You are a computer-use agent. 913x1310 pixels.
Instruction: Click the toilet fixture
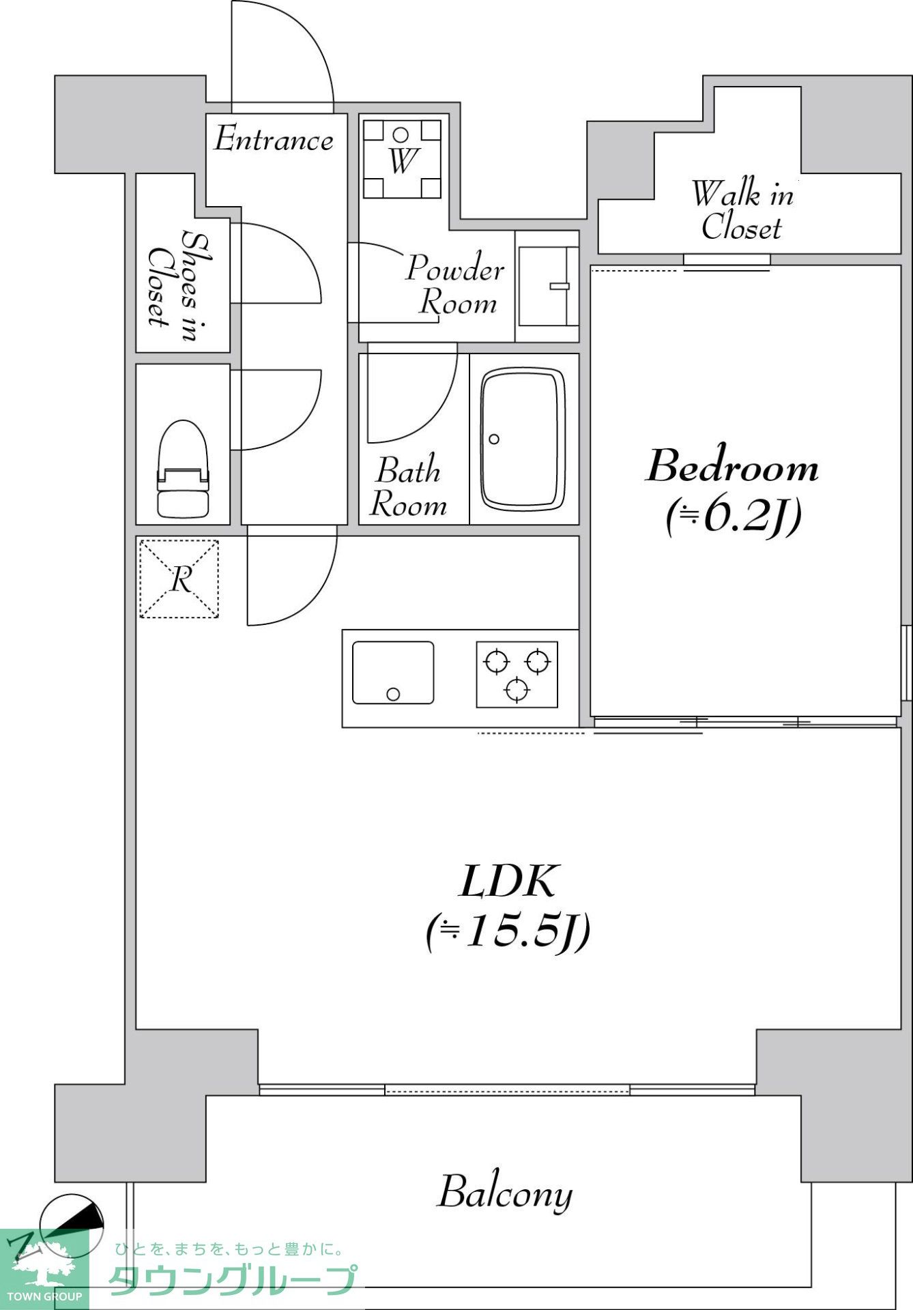tap(182, 469)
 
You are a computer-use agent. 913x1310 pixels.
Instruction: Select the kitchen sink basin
tap(393, 673)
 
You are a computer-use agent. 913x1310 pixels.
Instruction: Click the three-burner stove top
tap(517, 674)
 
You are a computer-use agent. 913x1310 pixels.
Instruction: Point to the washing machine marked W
tap(401, 158)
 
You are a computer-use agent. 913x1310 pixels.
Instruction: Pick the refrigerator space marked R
tap(179, 579)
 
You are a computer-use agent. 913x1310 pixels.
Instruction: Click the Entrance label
tap(274, 139)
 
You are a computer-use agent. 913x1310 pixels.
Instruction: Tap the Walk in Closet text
tap(742, 211)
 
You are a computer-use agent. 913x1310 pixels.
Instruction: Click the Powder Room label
tap(455, 285)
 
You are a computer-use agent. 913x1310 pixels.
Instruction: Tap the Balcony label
tap(505, 1193)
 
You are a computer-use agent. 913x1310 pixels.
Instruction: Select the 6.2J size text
tap(733, 516)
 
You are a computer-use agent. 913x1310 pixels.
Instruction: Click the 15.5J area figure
tap(508, 931)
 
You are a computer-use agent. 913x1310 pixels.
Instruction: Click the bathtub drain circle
tap(494, 439)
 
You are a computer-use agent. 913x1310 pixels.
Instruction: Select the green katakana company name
tap(233, 1280)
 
